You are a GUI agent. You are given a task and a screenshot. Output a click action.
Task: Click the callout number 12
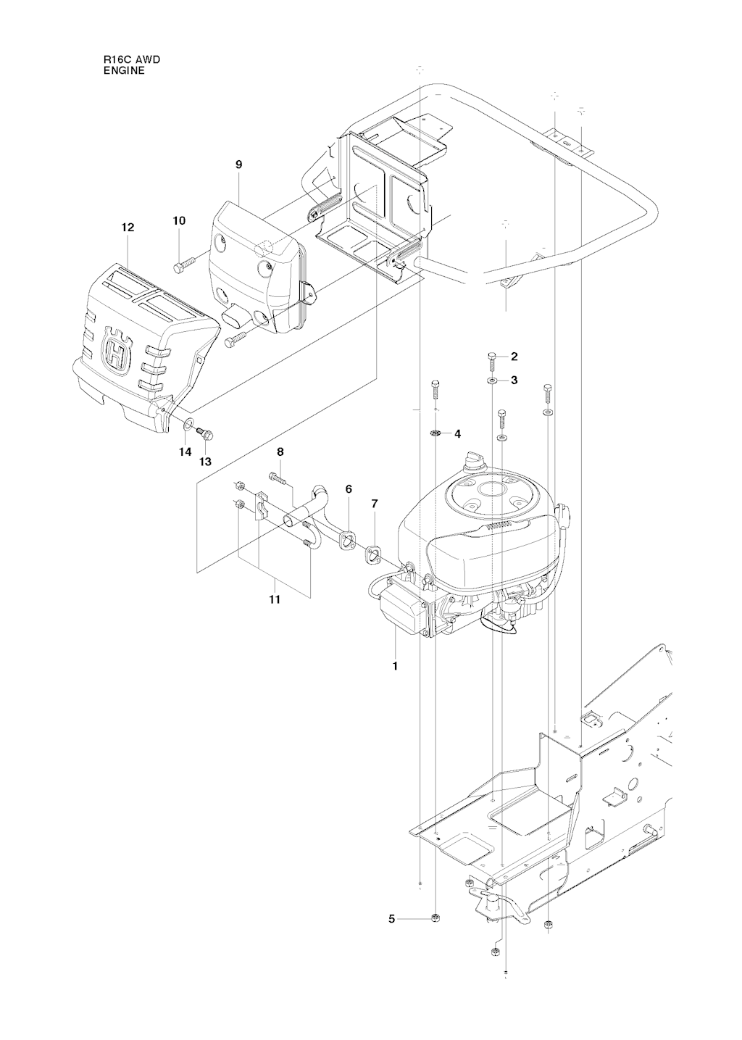[x=128, y=228]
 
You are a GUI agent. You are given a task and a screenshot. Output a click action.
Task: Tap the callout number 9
[x=239, y=165]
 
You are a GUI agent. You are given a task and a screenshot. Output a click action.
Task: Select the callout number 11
[x=275, y=600]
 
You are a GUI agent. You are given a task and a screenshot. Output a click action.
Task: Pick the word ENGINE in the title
[x=124, y=71]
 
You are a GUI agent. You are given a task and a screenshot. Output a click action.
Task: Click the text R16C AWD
[x=127, y=60]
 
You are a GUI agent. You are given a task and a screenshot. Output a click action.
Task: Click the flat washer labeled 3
[x=491, y=380]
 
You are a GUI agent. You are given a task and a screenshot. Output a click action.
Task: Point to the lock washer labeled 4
[x=435, y=433]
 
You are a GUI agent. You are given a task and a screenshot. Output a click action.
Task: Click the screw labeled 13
[x=205, y=433]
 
